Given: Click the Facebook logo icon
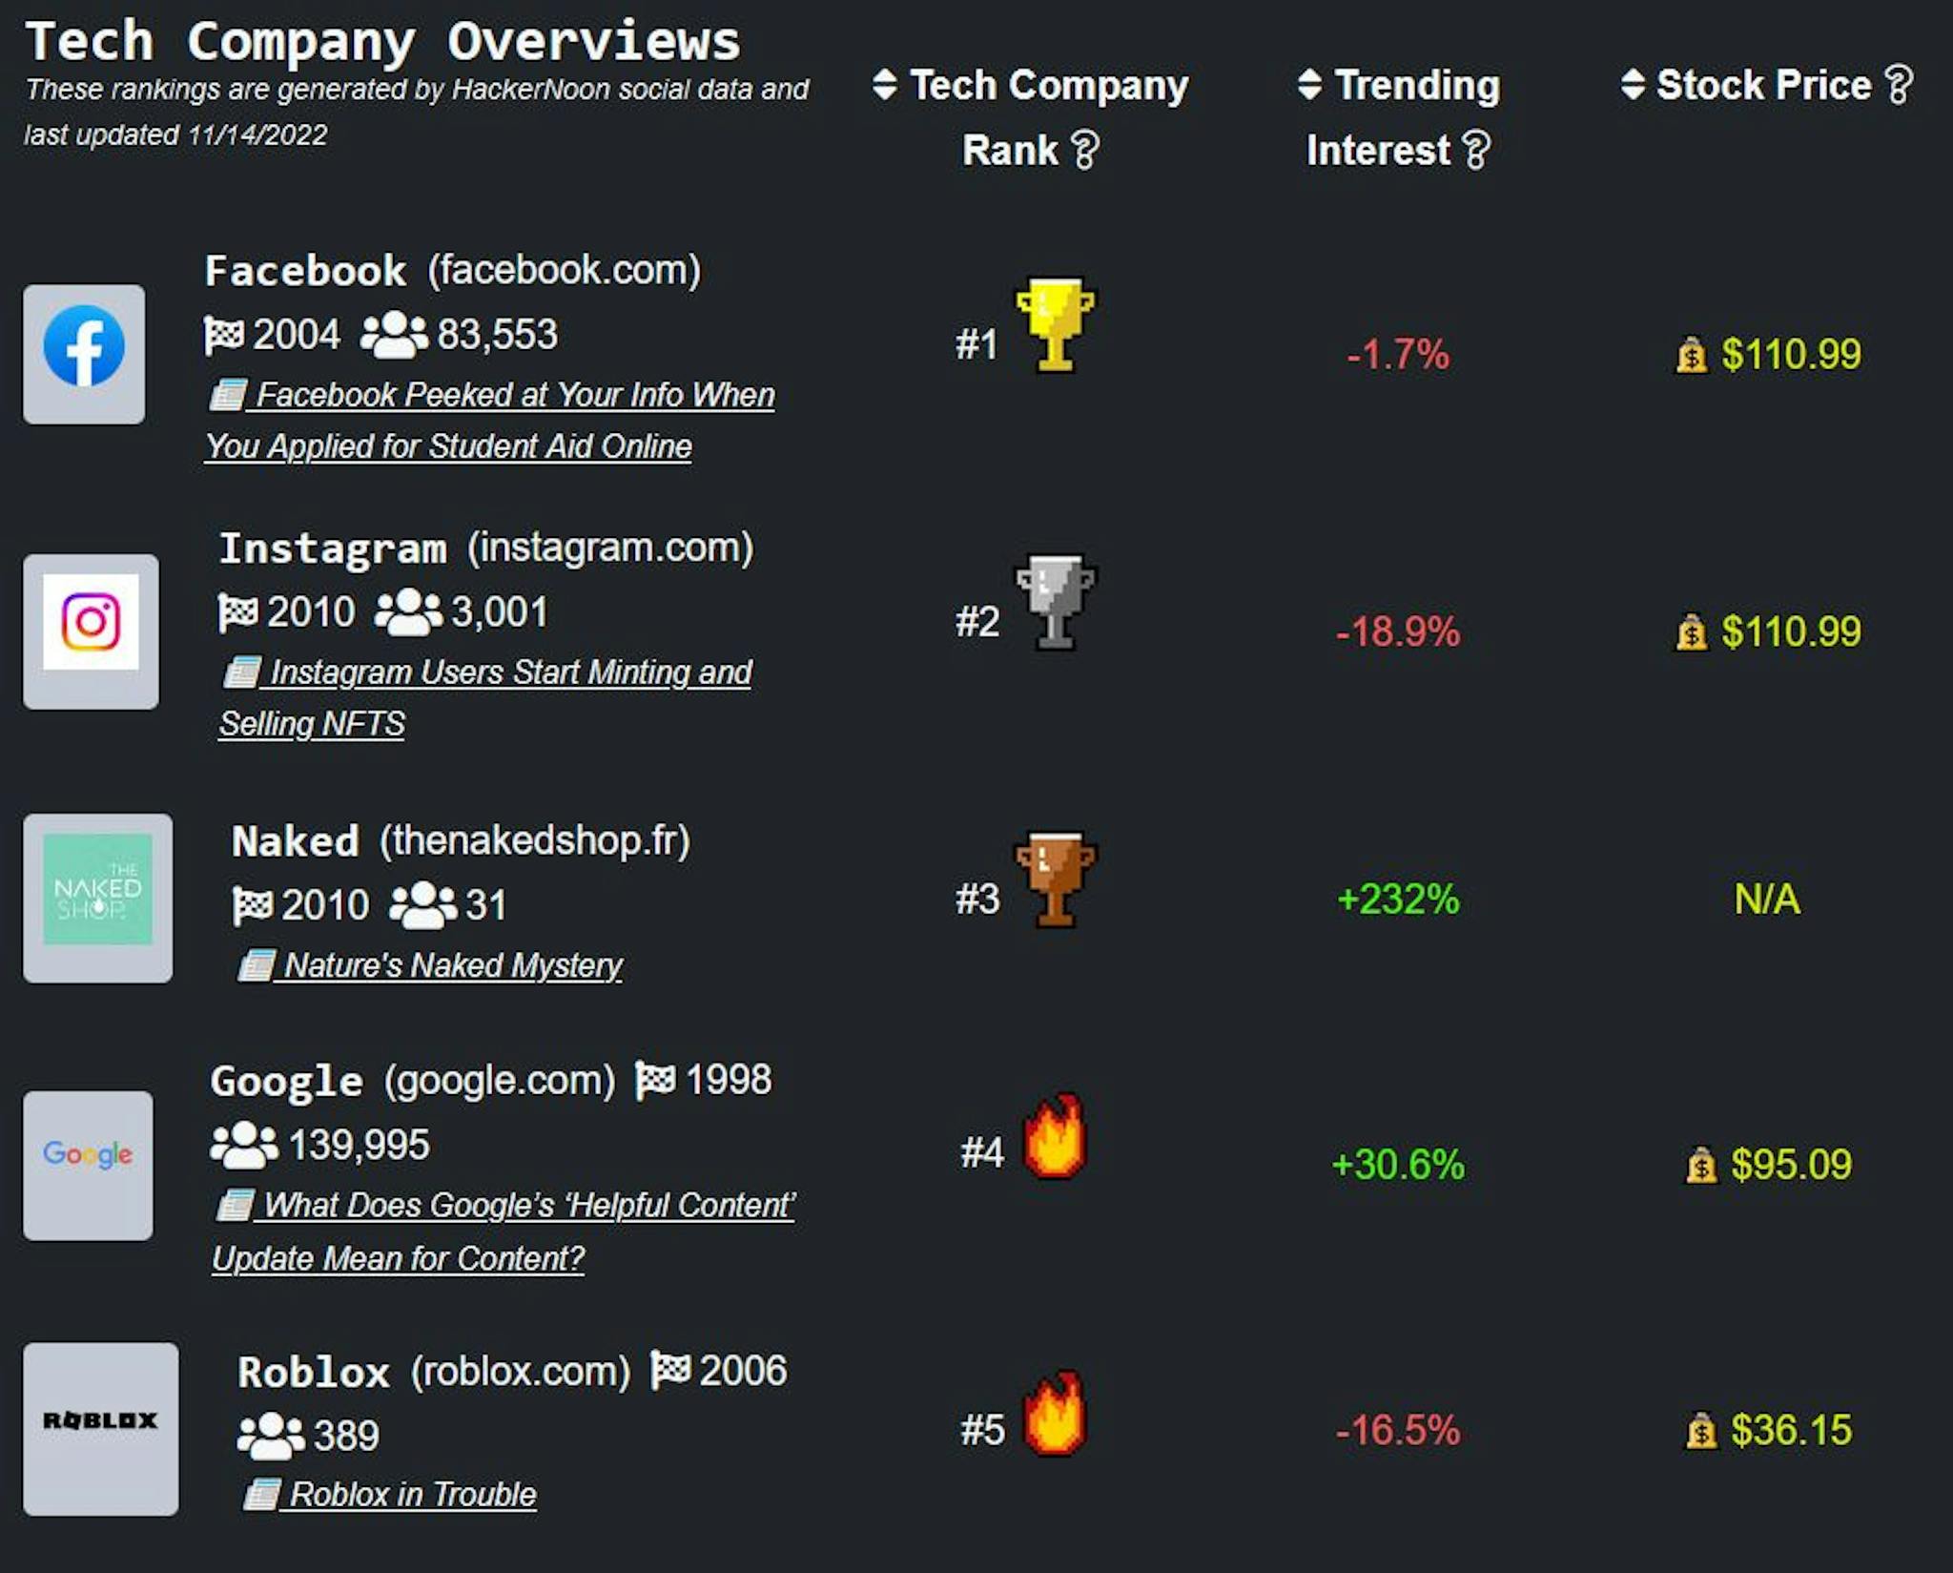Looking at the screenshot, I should [x=84, y=346].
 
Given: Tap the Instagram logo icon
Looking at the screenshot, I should [x=91, y=622].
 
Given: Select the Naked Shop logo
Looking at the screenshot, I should [x=97, y=890].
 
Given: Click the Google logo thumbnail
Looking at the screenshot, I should [x=88, y=1154].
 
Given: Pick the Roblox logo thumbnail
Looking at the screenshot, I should [x=100, y=1421].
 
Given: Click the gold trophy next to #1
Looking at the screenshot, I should [x=1054, y=324].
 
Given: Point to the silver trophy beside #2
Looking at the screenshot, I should [x=1054, y=602].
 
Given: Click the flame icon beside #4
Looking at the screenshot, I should [x=1054, y=1137].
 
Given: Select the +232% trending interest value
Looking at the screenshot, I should [x=1398, y=900].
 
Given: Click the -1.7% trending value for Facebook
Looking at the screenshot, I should [x=1398, y=355].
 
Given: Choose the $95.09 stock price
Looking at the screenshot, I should [x=1791, y=1165].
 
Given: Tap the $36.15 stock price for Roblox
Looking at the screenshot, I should [x=1791, y=1431].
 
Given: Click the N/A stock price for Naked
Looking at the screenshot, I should [x=1767, y=900].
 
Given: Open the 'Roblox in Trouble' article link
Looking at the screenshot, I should [x=412, y=1495].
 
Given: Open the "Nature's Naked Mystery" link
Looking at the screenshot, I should [x=453, y=965].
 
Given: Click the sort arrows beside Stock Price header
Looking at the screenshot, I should [x=1633, y=85].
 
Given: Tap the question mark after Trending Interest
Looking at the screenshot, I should [x=1476, y=151].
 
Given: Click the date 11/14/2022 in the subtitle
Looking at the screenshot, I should [x=257, y=135].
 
